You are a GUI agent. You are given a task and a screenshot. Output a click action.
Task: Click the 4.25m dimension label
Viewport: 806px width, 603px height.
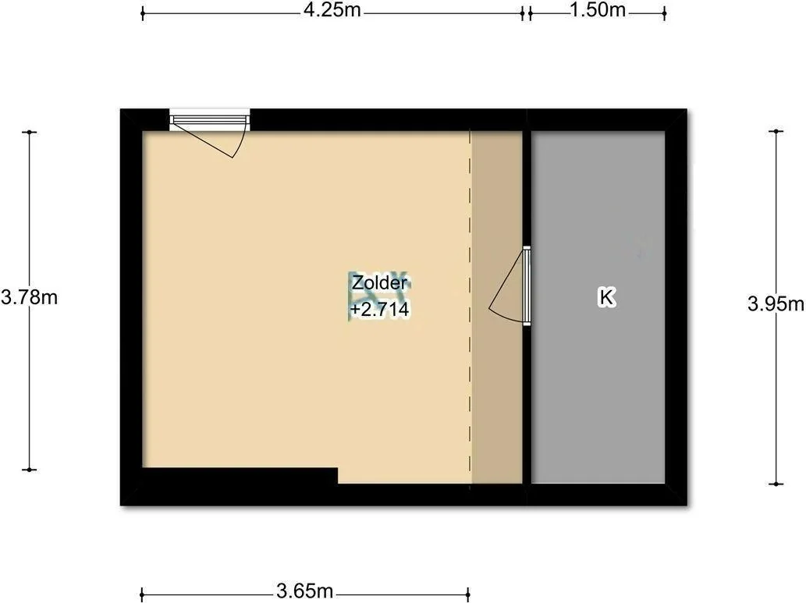coord(332,10)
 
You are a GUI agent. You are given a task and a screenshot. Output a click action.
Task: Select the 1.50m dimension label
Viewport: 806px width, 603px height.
coord(598,10)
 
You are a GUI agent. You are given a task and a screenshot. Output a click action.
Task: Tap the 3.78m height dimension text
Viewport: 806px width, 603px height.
coord(29,297)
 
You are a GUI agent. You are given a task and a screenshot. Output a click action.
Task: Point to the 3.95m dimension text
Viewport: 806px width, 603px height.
coord(776,304)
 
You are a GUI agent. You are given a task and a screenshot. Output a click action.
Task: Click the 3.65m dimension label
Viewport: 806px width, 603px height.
coord(305,591)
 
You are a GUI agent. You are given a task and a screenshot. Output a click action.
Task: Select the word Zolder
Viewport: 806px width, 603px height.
coord(379,282)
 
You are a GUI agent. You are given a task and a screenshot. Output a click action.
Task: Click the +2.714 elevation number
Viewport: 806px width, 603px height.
coord(379,310)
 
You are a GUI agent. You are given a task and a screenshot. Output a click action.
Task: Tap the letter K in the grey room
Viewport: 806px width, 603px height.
coord(606,297)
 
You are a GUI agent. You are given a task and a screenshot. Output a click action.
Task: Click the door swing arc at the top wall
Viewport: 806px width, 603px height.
coord(238,141)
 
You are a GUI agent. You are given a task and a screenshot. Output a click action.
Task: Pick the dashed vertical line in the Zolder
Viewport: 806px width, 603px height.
coord(470,307)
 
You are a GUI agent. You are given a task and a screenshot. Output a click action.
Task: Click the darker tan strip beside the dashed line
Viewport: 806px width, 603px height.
coord(496,307)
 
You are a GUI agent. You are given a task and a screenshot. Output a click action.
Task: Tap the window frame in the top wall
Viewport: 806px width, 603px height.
coord(210,120)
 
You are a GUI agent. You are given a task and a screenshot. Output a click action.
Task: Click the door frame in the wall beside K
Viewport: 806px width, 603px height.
coord(527,286)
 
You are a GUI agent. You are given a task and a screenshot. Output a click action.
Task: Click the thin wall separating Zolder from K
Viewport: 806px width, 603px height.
coord(527,307)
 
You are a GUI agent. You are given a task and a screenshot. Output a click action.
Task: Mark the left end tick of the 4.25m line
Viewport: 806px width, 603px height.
coord(142,13)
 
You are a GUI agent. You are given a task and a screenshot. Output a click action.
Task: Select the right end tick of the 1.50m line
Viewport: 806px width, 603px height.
coord(664,13)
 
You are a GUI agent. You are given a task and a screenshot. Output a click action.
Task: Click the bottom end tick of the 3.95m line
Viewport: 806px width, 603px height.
coord(776,484)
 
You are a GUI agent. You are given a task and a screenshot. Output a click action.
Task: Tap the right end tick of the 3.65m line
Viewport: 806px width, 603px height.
coord(469,594)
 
